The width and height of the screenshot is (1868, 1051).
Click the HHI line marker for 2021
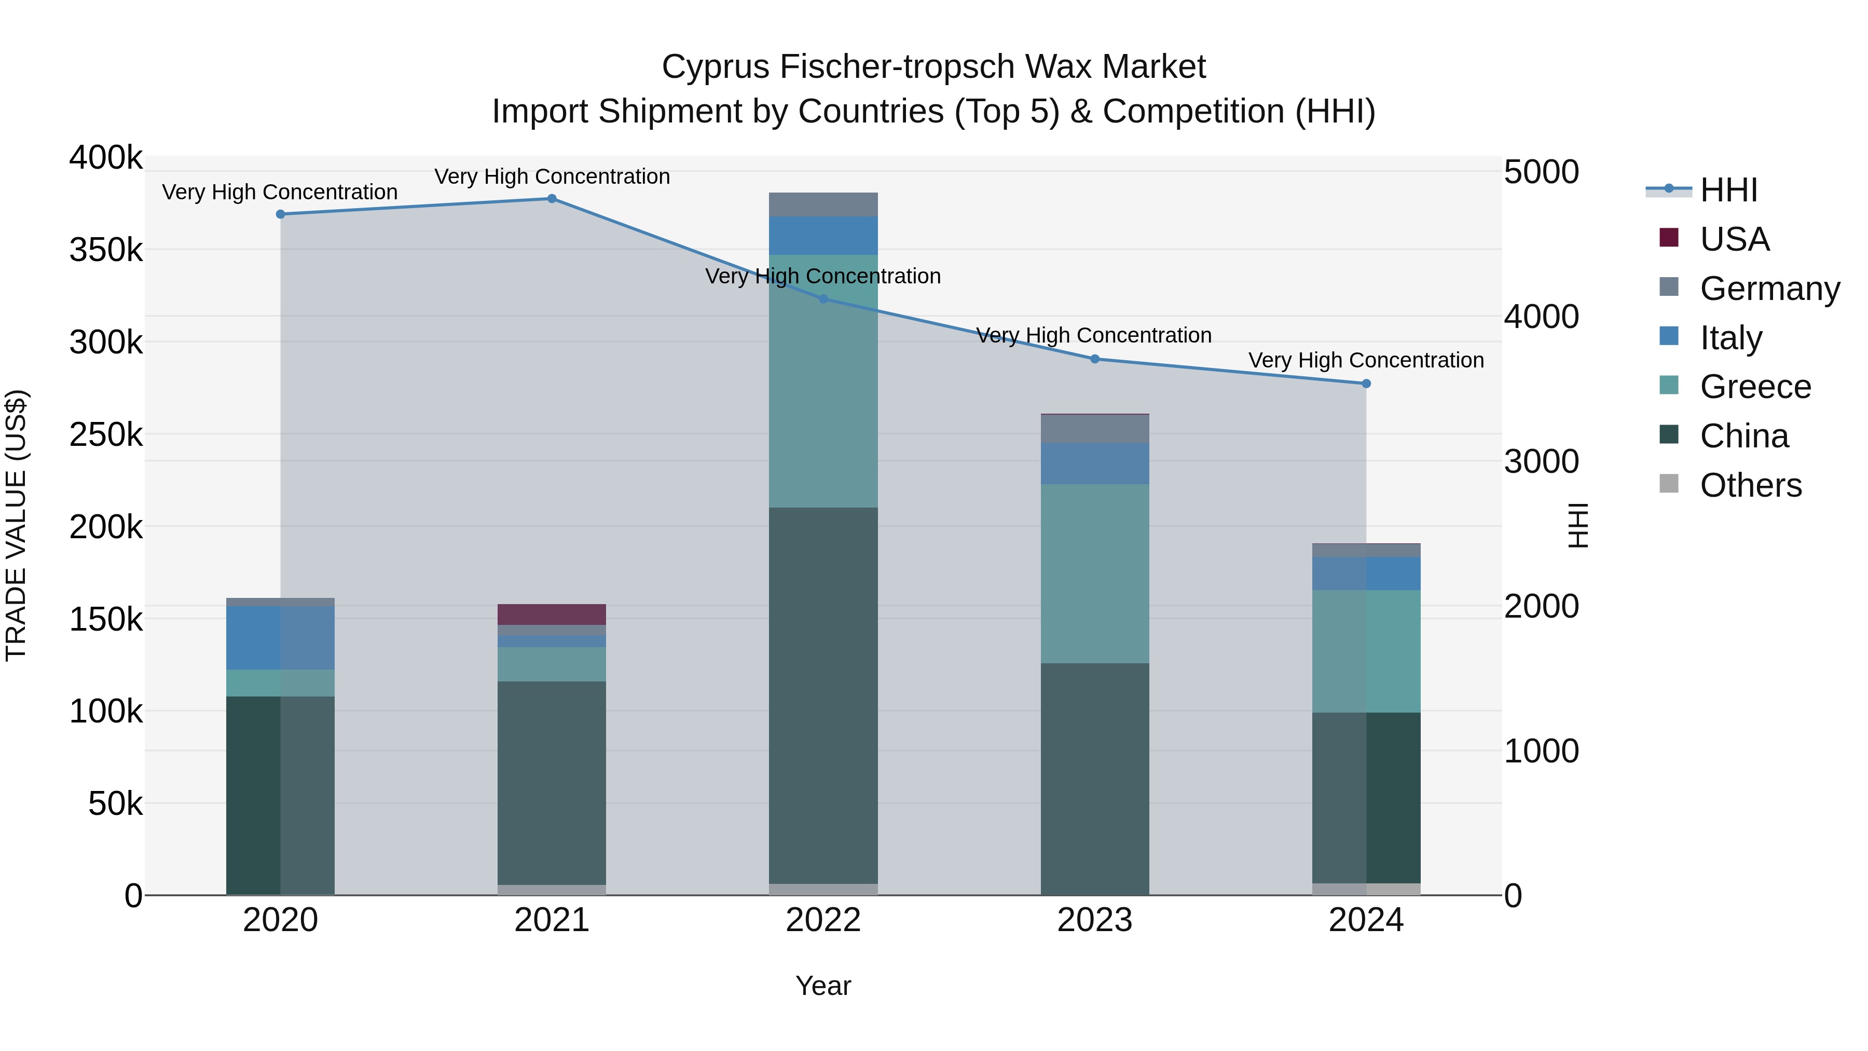pyautogui.click(x=552, y=199)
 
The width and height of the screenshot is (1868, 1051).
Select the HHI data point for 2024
pyautogui.click(x=1366, y=384)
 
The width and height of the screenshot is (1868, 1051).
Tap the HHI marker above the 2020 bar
pyautogui.click(x=281, y=214)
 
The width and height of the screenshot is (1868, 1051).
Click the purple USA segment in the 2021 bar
pyautogui.click(x=552, y=615)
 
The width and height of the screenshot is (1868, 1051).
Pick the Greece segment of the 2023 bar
pyautogui.click(x=1095, y=573)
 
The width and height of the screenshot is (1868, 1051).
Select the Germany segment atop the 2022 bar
pyautogui.click(x=823, y=204)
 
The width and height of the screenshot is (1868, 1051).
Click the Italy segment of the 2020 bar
pyautogui.click(x=281, y=637)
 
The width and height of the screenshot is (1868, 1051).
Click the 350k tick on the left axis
pyautogui.click(x=106, y=250)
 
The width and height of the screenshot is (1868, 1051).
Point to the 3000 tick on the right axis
pyautogui.click(x=1541, y=462)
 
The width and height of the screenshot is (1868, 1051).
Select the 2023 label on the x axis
pyautogui.click(x=1094, y=920)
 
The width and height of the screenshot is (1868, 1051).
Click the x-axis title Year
pyautogui.click(x=823, y=986)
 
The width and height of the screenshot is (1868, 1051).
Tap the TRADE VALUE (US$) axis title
pyautogui.click(x=16, y=525)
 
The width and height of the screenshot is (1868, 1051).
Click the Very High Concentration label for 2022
pyautogui.click(x=823, y=276)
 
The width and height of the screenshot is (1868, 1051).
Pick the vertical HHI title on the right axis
pyautogui.click(x=1578, y=525)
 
